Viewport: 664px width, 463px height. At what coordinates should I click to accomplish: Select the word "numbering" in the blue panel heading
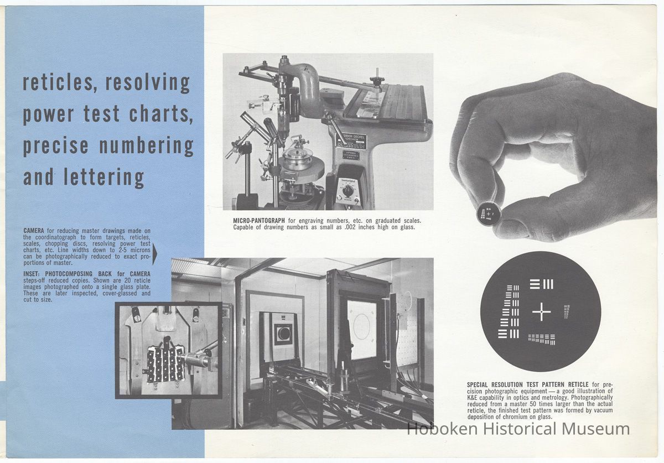[x=146, y=146]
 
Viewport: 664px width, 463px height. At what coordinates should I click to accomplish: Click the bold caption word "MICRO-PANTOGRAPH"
[x=259, y=221]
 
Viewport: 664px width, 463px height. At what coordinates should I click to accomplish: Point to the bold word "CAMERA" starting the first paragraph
[x=34, y=231]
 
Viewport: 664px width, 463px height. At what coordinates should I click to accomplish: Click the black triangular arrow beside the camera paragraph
[x=154, y=253]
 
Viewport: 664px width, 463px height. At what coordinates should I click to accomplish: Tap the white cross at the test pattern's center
[x=541, y=311]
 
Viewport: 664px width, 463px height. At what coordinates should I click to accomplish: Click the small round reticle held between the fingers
[x=489, y=213]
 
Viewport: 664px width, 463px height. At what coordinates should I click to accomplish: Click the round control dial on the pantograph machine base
[x=347, y=190]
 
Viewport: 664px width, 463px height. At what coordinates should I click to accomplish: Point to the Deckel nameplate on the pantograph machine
[x=351, y=140]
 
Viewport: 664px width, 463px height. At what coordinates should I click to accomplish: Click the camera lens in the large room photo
[x=283, y=333]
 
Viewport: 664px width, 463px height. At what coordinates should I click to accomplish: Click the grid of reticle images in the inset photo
[x=165, y=365]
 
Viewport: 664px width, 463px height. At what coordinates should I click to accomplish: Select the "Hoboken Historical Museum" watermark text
[x=518, y=429]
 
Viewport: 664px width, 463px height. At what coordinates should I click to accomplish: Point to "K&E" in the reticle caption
[x=473, y=398]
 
